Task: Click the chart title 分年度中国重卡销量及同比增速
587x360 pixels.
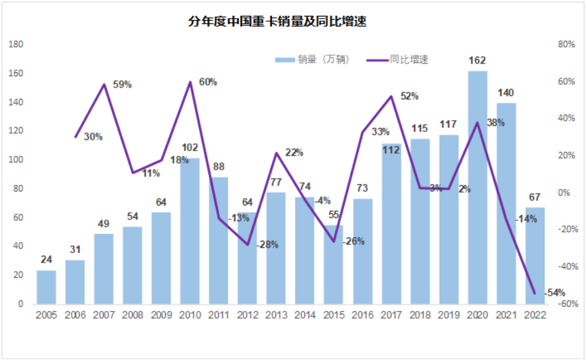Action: (x=278, y=22)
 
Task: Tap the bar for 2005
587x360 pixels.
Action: (x=46, y=287)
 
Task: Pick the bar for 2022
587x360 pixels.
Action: (x=535, y=256)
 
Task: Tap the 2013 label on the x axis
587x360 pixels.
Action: (x=276, y=315)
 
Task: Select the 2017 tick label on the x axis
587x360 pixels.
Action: (x=391, y=315)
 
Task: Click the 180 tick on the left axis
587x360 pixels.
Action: (x=15, y=45)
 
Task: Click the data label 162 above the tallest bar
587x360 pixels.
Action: (x=478, y=61)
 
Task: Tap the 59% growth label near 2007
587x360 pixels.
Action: (x=123, y=85)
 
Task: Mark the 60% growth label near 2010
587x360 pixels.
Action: (x=208, y=82)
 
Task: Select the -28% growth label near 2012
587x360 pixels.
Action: (x=267, y=244)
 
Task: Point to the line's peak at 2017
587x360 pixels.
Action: (x=391, y=97)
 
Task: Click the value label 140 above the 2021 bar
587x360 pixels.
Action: (x=505, y=93)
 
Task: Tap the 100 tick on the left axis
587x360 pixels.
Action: (x=15, y=160)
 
